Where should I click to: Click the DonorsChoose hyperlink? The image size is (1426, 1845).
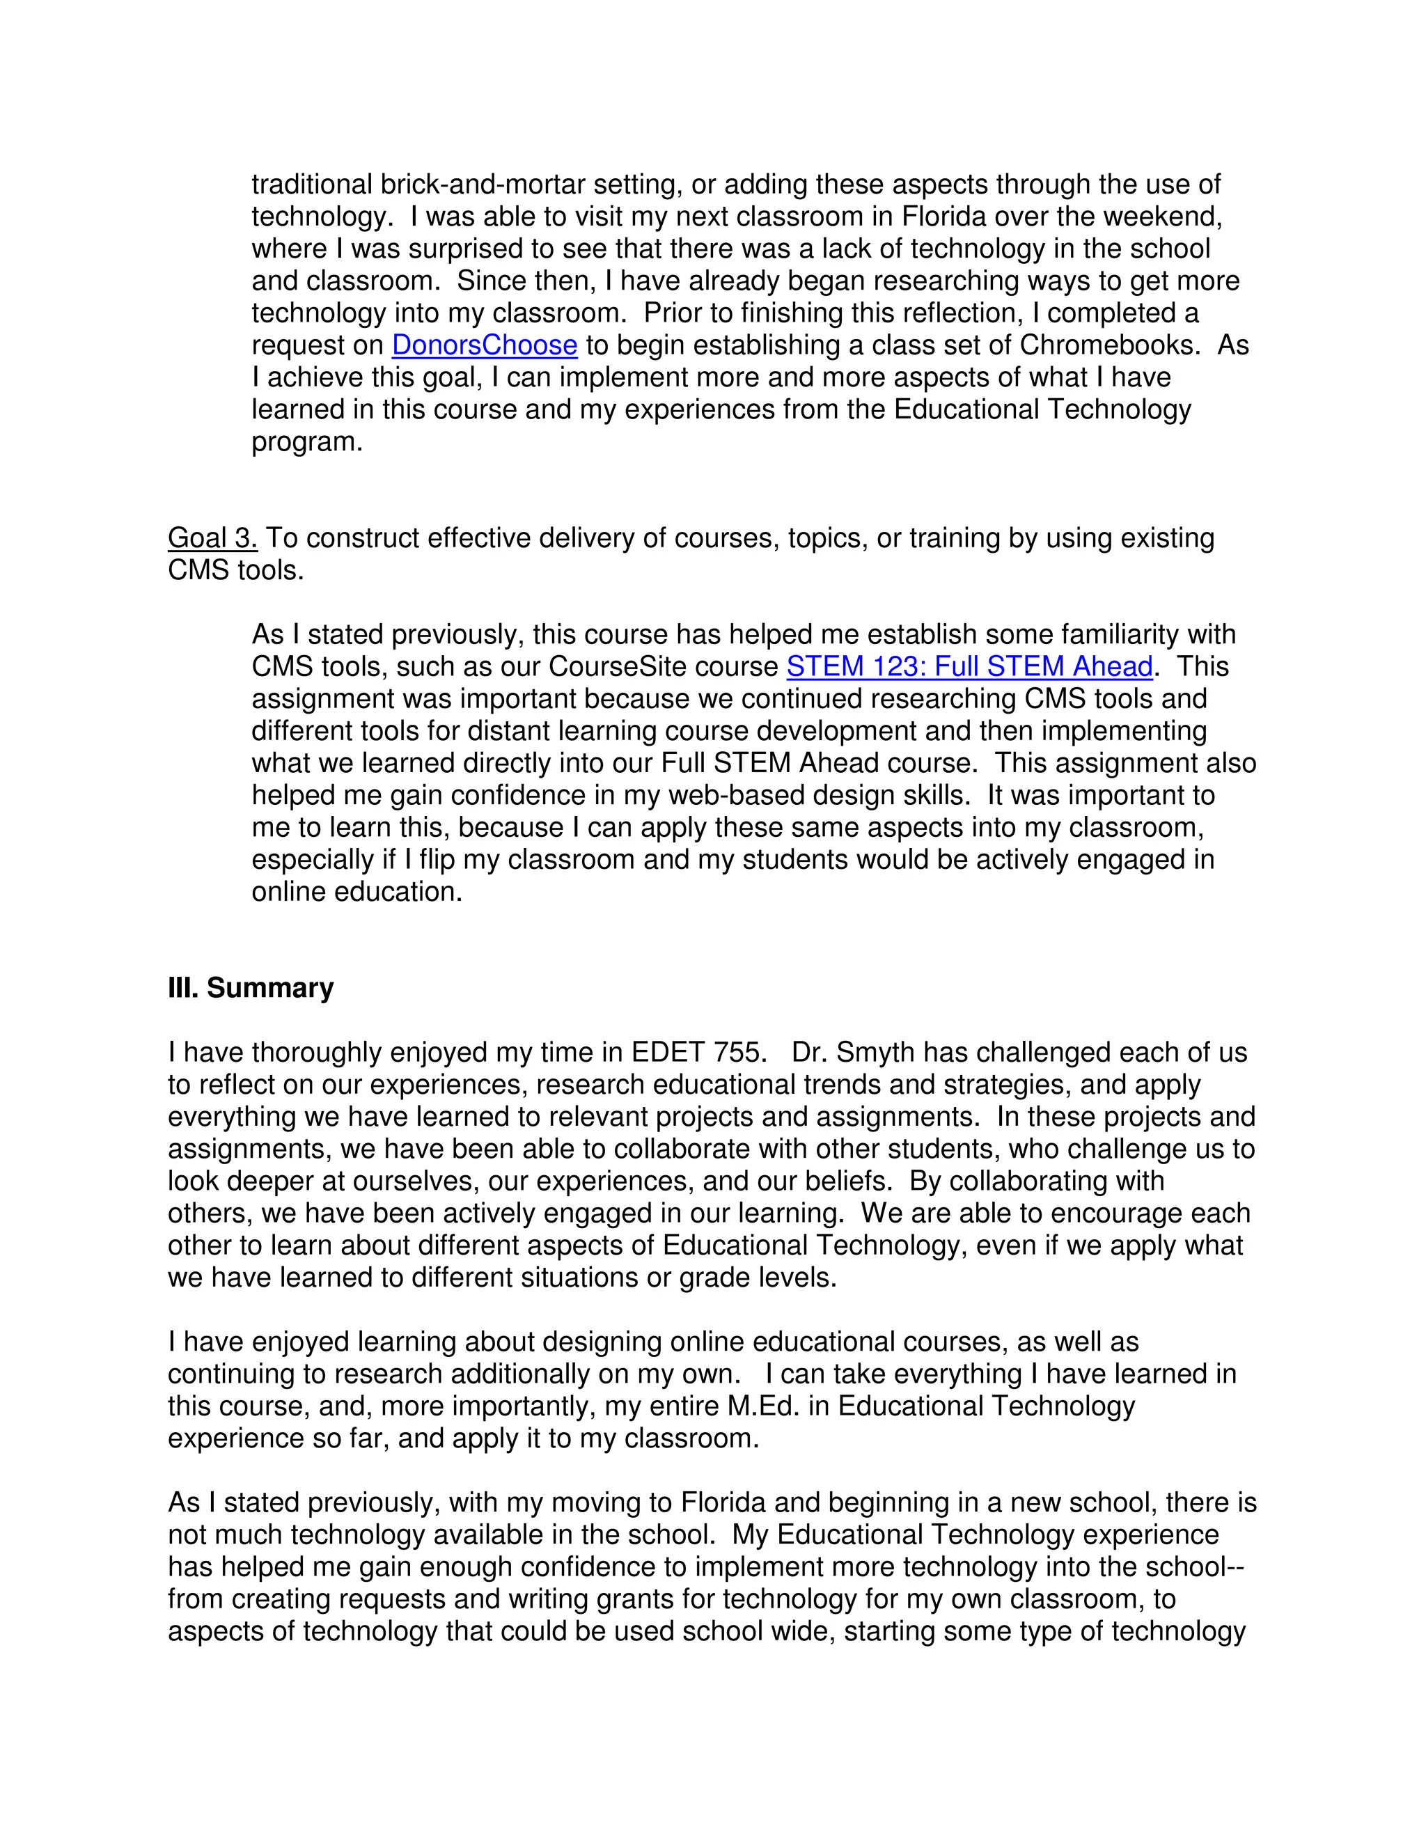[484, 345]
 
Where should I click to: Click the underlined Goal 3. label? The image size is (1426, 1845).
[212, 538]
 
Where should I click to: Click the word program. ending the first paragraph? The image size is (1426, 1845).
[306, 442]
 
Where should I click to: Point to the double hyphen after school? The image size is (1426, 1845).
[1236, 1567]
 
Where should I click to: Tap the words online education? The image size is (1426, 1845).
[356, 891]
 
